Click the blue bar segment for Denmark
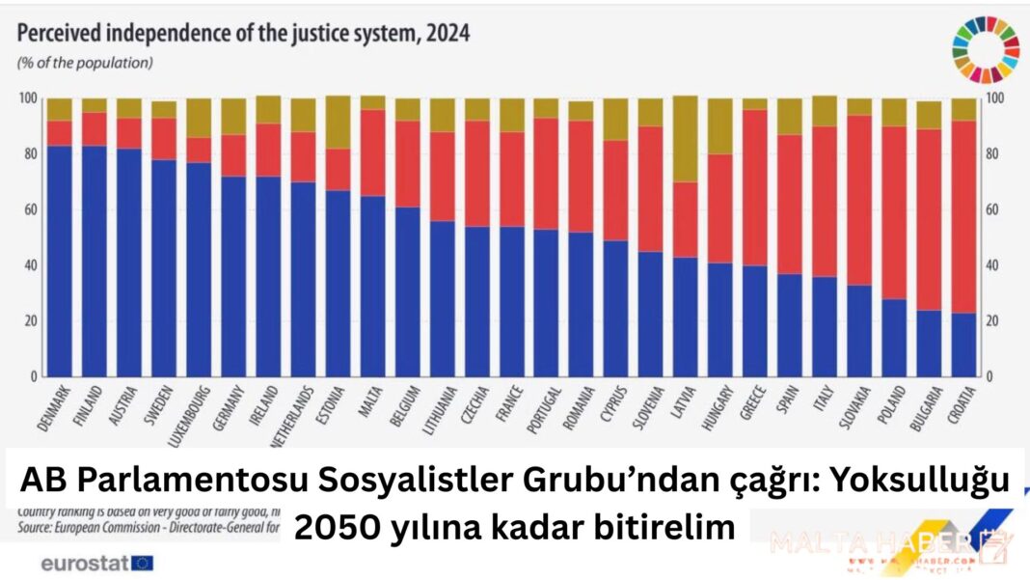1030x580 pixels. [60, 261]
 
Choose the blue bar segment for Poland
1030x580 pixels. [894, 337]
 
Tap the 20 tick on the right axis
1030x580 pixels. [998, 320]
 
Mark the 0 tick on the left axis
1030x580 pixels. [32, 376]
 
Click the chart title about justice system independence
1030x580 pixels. [243, 34]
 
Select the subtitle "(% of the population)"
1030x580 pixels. [84, 63]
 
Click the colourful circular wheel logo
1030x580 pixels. [986, 47]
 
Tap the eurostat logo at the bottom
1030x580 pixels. [96, 562]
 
